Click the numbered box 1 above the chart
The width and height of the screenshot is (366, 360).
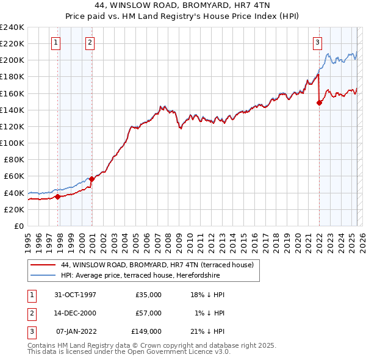(56, 42)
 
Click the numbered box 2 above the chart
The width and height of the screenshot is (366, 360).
(90, 42)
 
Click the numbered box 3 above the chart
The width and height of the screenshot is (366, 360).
(318, 42)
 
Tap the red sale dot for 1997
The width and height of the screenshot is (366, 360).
(58, 196)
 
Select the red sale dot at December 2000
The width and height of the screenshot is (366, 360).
(92, 179)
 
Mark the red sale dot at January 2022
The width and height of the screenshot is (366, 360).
(319, 103)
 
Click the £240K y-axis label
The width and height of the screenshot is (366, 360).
(12, 27)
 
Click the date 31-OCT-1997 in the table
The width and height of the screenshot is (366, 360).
(75, 294)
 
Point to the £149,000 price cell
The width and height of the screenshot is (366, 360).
(146, 331)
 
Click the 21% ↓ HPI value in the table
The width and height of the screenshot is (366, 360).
(207, 331)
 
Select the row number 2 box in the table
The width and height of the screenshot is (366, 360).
(31, 312)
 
